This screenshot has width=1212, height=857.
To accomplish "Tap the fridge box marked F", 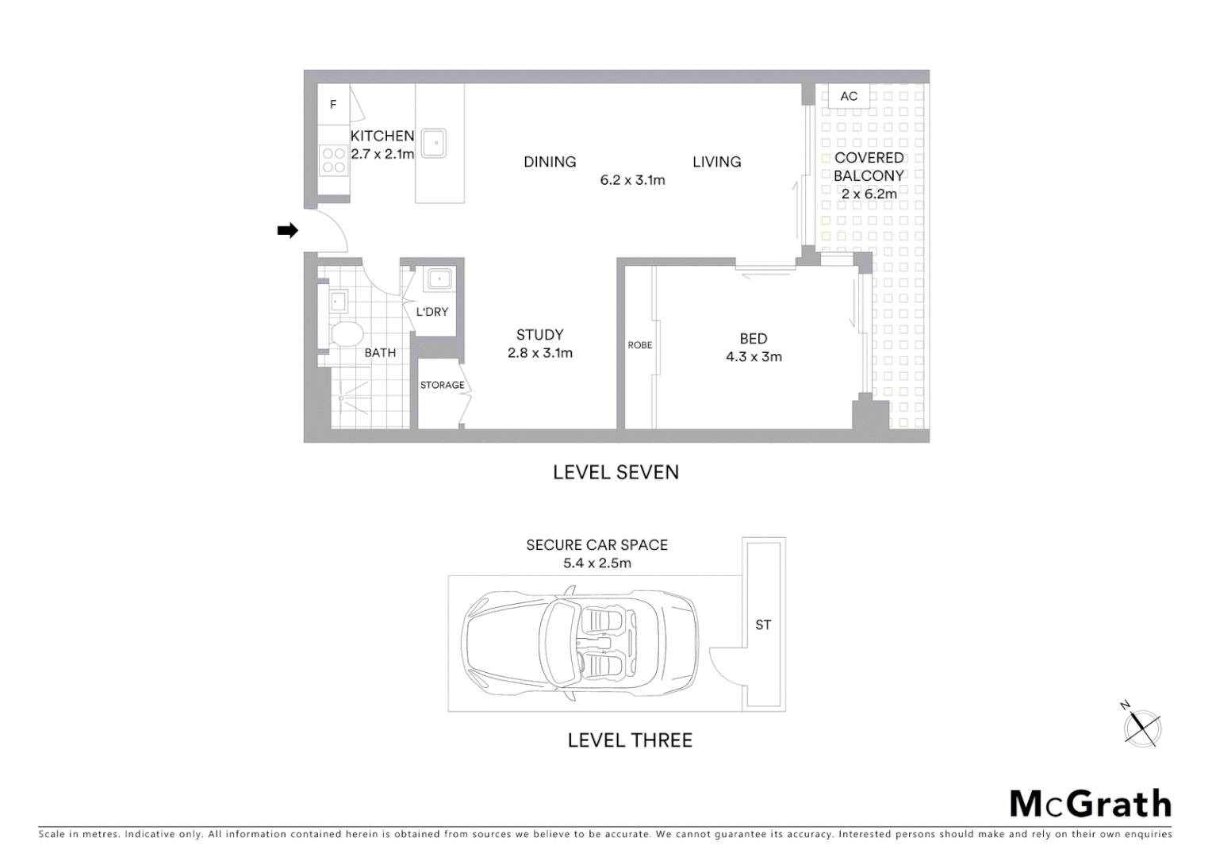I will (333, 105).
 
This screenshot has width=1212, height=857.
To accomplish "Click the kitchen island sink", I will (433, 143).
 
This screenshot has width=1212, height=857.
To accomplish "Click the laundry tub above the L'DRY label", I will (439, 279).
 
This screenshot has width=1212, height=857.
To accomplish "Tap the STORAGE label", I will (442, 385).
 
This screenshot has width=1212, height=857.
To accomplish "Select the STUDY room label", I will (539, 335).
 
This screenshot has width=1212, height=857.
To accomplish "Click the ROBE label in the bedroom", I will (639, 345).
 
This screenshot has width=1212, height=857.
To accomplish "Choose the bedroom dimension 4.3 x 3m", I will (754, 357).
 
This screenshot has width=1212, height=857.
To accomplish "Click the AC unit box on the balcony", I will (849, 96).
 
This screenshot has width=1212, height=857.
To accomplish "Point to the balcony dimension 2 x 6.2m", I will (869, 194).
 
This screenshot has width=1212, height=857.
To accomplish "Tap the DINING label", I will (550, 162).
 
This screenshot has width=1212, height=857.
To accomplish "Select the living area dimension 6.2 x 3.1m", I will (632, 180).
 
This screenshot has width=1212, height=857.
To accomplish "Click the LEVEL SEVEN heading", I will (616, 472).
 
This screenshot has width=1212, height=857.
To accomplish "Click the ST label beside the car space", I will (763, 625).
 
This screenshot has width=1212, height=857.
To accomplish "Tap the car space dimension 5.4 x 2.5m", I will (597, 563).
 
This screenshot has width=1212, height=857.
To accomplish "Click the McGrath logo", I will (1090, 804).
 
